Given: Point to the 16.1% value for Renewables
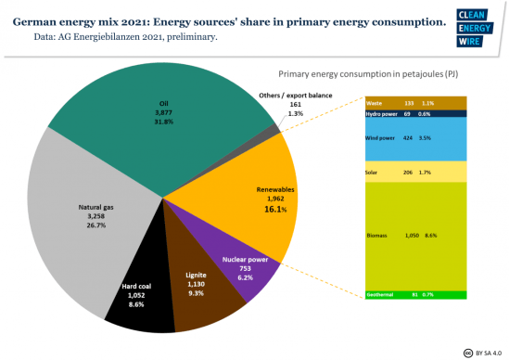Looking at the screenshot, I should pos(275,211).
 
